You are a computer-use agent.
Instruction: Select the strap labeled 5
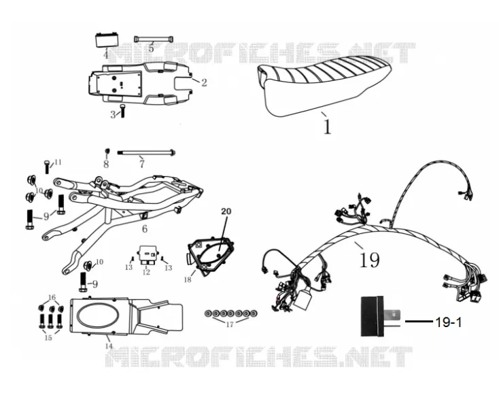(x=154, y=39)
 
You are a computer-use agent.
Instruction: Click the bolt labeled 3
(x=123, y=110)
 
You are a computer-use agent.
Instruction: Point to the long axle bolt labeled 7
(x=146, y=152)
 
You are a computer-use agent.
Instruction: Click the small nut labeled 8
(x=107, y=150)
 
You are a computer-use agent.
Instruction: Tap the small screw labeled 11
(x=47, y=167)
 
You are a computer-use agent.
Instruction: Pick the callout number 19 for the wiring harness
(x=369, y=260)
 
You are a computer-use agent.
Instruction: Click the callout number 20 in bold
(x=226, y=211)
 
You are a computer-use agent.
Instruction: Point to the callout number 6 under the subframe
(x=145, y=229)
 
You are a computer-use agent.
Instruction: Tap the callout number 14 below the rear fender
(x=109, y=346)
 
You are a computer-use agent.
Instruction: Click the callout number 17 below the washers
(x=230, y=324)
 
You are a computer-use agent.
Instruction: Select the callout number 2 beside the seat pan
(x=204, y=83)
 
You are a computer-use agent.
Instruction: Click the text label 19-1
(x=448, y=323)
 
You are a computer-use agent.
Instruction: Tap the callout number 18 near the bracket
(x=188, y=279)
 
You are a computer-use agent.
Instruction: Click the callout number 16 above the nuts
(x=52, y=298)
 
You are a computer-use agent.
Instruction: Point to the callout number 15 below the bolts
(x=48, y=338)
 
